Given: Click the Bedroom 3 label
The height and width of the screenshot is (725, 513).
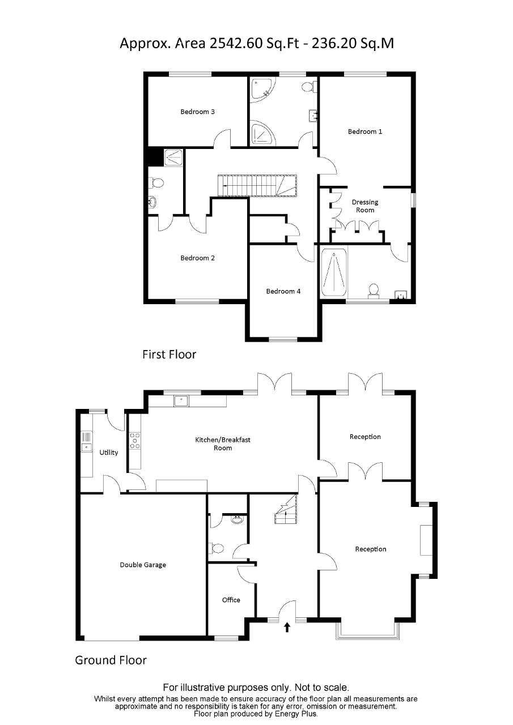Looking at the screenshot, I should [197, 112].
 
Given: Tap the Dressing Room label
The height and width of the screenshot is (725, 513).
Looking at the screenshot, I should [365, 206].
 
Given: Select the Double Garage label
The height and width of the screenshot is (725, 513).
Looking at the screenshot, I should [143, 565].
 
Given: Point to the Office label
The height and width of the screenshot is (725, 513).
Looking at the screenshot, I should [231, 600].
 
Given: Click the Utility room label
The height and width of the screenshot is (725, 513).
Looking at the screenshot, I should [109, 453].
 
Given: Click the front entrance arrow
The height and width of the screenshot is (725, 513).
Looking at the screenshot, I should [287, 626].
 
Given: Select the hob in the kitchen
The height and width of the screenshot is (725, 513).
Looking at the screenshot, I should [135, 441].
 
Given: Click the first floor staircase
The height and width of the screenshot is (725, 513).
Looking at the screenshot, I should [258, 185].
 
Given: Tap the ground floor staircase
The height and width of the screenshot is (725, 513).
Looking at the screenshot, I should [286, 510].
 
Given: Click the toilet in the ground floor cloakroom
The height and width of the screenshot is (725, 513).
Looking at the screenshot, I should [217, 548].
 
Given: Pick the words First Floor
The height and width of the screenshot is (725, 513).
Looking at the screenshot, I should [169, 355].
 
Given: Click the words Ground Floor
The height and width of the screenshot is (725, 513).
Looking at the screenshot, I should [111, 660].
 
